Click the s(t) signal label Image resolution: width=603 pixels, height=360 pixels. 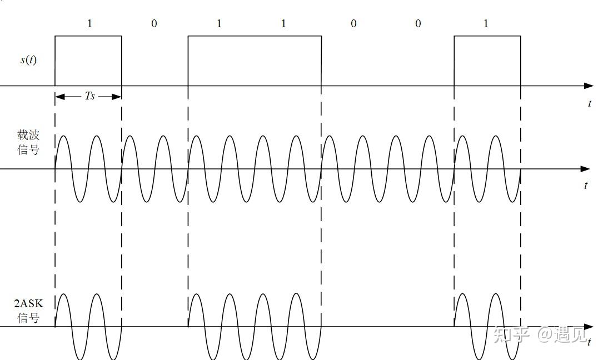pyautogui.click(x=28, y=59)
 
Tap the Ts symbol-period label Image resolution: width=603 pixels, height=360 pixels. pyautogui.click(x=89, y=96)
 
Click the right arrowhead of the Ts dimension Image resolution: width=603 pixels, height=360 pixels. pyautogui.click(x=117, y=97)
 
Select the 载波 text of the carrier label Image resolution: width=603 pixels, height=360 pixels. pyautogui.click(x=28, y=135)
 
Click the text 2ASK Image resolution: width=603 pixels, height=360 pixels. pyautogui.click(x=28, y=303)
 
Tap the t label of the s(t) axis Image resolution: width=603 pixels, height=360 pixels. pyautogui.click(x=589, y=104)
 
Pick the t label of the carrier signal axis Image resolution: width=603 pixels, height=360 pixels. pyautogui.click(x=586, y=186)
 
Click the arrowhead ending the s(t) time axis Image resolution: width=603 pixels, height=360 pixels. pyautogui.click(x=589, y=86)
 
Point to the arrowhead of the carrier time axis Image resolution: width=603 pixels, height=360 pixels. pyautogui.click(x=585, y=169)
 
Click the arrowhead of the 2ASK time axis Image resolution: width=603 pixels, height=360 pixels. pyautogui.click(x=589, y=327)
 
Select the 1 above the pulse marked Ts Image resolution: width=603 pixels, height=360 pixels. pyautogui.click(x=89, y=24)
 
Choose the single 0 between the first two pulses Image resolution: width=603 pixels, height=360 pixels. pyautogui.click(x=154, y=24)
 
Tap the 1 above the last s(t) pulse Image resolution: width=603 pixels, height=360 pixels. pyautogui.click(x=486, y=24)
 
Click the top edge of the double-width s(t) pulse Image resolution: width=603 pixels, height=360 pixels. pyautogui.click(x=255, y=36)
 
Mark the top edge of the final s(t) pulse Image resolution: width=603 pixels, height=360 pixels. pyautogui.click(x=487, y=36)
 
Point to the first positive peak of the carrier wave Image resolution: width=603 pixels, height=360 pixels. pyautogui.click(x=63, y=136)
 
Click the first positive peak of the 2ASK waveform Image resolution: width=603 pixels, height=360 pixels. pyautogui.click(x=63, y=294)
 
